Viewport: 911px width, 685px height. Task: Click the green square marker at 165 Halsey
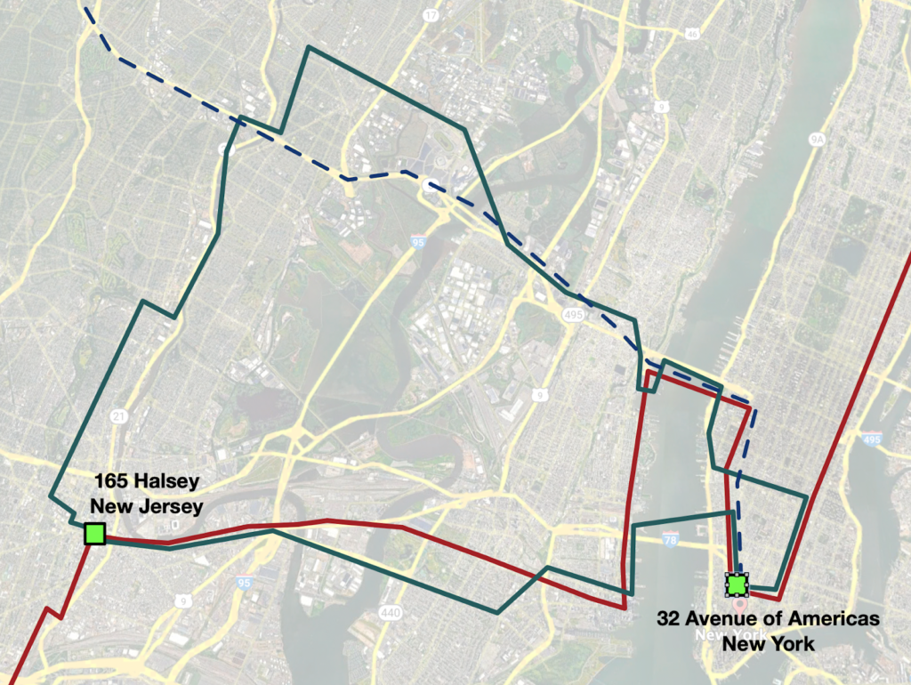[x=94, y=534]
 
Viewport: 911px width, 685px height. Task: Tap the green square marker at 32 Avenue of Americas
[x=737, y=584]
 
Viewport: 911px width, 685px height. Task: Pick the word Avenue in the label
[x=726, y=619]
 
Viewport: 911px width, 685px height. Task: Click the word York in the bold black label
[x=793, y=643]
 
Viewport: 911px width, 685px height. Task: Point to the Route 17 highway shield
[x=431, y=15]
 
